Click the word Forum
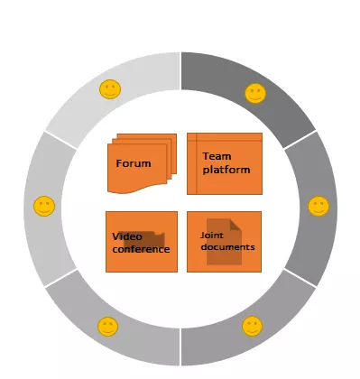(133, 163)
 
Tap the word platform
(226, 169)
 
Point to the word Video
(127, 236)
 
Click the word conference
(141, 248)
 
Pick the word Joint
(211, 235)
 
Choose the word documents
(226, 246)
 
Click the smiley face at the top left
(109, 89)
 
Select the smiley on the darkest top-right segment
(255, 93)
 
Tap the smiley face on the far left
(43, 207)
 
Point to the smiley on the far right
(318, 206)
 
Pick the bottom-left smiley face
(107, 325)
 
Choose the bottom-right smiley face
(253, 325)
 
